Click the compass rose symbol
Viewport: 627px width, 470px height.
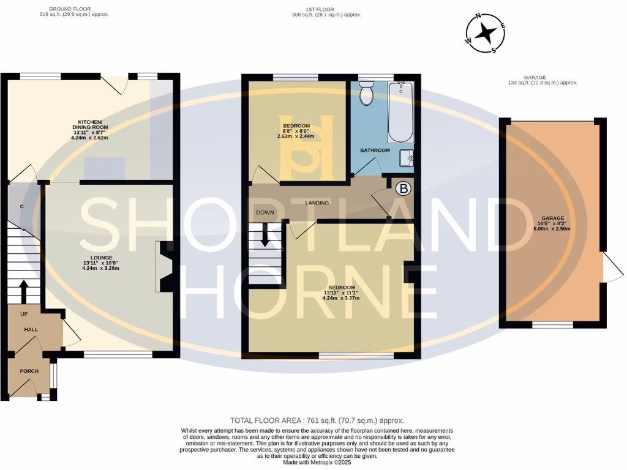(485, 33)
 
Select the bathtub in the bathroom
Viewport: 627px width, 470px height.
(401, 111)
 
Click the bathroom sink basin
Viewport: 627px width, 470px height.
(406, 159)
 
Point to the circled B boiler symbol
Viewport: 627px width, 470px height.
(402, 188)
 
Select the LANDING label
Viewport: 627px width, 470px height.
(317, 203)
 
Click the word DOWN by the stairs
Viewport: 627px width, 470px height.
(265, 213)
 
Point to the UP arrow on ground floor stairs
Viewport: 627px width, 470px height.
(24, 291)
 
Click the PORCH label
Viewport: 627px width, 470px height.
(29, 371)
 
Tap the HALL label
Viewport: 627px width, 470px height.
(31, 329)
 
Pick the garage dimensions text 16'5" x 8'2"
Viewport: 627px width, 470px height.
(555, 223)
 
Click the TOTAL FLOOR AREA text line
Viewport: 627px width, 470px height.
(317, 420)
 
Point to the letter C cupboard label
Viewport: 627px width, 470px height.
(21, 207)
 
